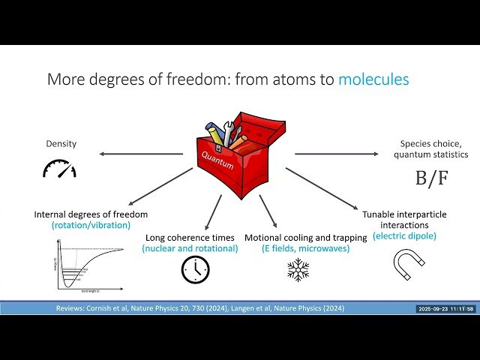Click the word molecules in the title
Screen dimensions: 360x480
pos(373,79)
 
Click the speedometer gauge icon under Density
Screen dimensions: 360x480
pos(59,169)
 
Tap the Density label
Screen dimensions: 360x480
pos(61,142)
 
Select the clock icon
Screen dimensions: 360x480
pos(195,269)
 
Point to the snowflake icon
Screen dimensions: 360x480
pos(298,269)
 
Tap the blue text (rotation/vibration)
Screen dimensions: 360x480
pos(91,225)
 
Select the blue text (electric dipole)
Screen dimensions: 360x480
pos(404,235)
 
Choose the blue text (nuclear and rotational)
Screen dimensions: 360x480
pos(191,248)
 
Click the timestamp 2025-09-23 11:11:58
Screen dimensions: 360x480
pos(446,309)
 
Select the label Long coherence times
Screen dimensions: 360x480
pos(191,238)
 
